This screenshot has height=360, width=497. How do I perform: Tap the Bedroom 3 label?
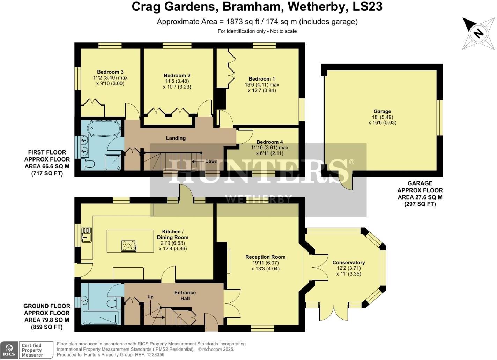[110, 72]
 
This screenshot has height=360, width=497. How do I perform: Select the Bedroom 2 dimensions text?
[177, 84]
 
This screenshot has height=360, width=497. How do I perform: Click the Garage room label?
[382, 111]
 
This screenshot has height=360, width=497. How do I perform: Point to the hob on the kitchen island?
[129, 246]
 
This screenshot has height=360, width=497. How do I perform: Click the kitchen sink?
[87, 235]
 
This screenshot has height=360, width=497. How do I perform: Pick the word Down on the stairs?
[211, 161]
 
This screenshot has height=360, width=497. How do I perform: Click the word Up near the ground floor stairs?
[150, 297]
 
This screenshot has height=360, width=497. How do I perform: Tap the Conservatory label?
[349, 263]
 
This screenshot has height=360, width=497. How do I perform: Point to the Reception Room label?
[265, 257]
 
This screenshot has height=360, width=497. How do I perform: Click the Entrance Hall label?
[185, 295]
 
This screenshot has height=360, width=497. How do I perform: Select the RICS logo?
[9, 350]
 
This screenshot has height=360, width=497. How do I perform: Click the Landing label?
[176, 138]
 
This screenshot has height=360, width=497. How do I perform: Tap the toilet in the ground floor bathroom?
[114, 302]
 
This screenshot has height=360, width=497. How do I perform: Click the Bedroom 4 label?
[269, 142]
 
